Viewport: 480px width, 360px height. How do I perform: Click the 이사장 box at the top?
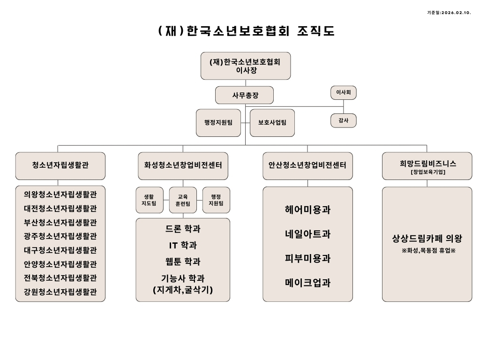pyautogui.click(x=245, y=66)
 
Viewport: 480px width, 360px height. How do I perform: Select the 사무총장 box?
pyautogui.click(x=244, y=95)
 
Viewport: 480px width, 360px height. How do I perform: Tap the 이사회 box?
pyautogui.click(x=343, y=93)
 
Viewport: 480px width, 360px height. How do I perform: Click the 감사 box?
pyautogui.click(x=343, y=120)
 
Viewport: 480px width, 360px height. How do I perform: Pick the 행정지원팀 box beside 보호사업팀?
pyautogui.click(x=218, y=122)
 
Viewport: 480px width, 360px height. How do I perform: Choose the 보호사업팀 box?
pyautogui.click(x=272, y=122)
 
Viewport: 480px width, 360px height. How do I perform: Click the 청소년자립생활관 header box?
pyautogui.click(x=60, y=165)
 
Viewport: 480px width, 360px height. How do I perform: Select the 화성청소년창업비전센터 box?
pyautogui.click(x=183, y=165)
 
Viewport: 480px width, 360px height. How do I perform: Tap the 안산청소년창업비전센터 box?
pyautogui.click(x=307, y=165)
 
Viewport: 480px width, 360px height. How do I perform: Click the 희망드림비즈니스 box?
pyautogui.click(x=427, y=165)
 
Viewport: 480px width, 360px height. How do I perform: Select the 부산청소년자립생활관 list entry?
pyautogui.click(x=60, y=222)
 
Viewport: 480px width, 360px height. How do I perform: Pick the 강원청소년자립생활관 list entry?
pyautogui.click(x=60, y=292)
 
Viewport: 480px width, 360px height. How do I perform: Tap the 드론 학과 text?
pyautogui.click(x=183, y=229)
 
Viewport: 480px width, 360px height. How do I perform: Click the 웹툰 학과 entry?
pyautogui.click(x=183, y=262)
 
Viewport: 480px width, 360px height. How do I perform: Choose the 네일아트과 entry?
pyautogui.click(x=307, y=234)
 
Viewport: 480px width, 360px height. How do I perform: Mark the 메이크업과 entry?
pyautogui.click(x=307, y=283)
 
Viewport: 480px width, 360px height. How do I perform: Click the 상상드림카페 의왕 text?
pyautogui.click(x=427, y=239)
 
